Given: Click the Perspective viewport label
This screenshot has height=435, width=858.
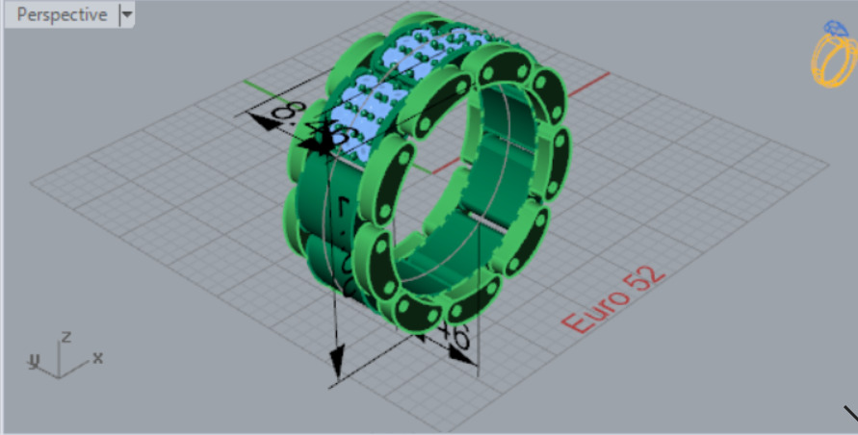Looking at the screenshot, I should [62, 15].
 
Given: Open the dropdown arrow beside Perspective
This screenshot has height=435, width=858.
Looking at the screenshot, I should [127, 15].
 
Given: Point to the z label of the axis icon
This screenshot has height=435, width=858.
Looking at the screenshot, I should [65, 337].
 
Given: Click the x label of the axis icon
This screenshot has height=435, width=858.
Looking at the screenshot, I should [97, 357].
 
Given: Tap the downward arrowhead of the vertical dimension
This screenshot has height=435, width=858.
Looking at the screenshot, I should [336, 364].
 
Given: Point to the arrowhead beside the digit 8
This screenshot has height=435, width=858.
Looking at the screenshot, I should [258, 120].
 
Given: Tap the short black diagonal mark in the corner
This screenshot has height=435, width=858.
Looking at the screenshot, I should [849, 415].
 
